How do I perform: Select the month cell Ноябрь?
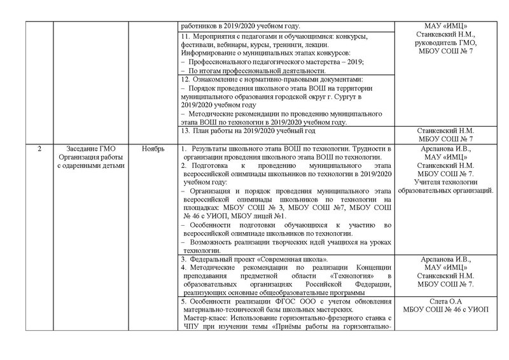[153, 148]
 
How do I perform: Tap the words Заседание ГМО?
[90, 148]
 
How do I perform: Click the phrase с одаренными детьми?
[90, 166]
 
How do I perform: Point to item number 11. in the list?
[185, 37]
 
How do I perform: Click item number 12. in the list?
[185, 80]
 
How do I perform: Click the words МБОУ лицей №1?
[282, 217]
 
